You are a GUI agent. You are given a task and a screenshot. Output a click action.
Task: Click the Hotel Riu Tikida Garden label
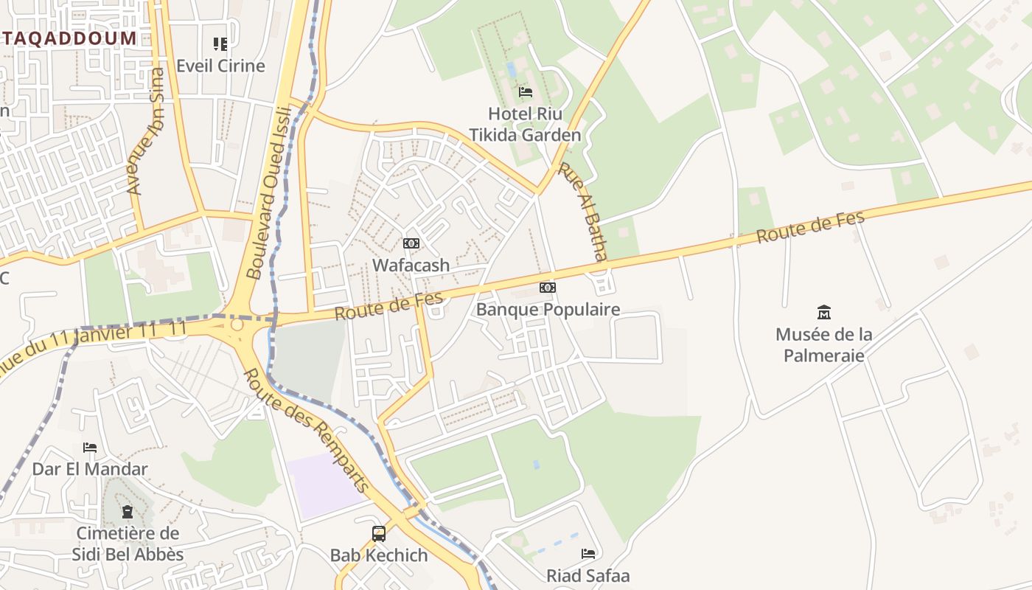coord(525,125)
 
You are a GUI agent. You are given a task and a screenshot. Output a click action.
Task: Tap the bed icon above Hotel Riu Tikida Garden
coord(526,92)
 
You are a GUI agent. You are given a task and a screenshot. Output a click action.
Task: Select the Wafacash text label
coord(411,265)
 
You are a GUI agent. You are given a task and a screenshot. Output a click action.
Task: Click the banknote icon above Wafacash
coord(411,243)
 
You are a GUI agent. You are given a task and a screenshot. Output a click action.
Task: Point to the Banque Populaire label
coord(548,310)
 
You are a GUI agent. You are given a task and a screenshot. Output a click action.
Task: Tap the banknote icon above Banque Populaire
coord(548,288)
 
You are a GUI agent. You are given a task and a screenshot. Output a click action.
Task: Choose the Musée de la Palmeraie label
coord(823,344)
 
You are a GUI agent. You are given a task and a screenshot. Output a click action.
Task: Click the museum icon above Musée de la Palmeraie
coord(824,313)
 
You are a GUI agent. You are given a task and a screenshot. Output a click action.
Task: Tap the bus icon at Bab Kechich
coord(379,533)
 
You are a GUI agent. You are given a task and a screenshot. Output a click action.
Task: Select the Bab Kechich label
coord(379,555)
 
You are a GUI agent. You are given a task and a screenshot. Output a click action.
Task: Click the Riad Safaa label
coord(588,575)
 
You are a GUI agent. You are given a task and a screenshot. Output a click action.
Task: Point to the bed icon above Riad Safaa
coord(588,553)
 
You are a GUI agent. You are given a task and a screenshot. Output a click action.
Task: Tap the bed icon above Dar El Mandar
coord(90,448)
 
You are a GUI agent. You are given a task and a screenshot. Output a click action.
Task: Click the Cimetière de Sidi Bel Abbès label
coord(128,544)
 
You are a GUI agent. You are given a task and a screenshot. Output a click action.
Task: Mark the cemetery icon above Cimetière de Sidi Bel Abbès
coord(128,511)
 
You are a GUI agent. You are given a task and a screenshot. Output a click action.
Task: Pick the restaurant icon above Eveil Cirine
coord(220,44)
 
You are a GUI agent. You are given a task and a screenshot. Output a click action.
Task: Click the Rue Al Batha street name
coord(582,212)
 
